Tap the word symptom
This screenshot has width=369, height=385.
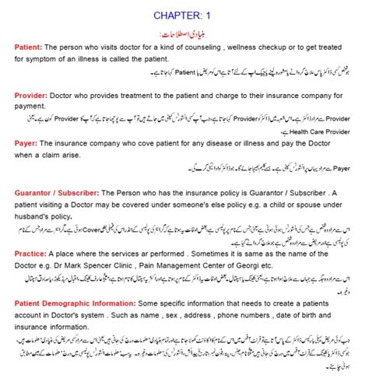point(46,59)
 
